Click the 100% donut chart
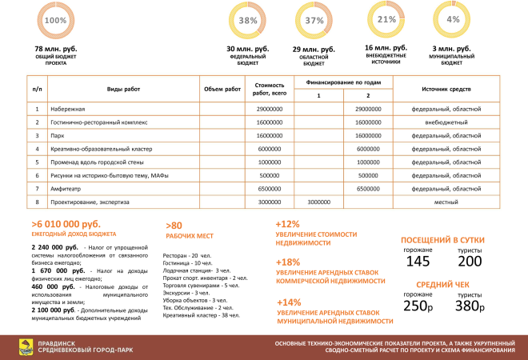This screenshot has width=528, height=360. pyautogui.click(x=56, y=21)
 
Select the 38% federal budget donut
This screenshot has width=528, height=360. pyautogui.click(x=247, y=21)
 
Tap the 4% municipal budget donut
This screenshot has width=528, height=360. pyautogui.click(x=454, y=19)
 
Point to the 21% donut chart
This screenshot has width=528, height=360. pyautogui.click(x=386, y=19)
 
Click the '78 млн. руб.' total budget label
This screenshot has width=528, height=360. pyautogui.click(x=56, y=50)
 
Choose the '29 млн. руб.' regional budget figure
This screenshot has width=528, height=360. pyautogui.click(x=314, y=50)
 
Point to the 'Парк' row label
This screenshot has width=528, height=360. pyautogui.click(x=57, y=135)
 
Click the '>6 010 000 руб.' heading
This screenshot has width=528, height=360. pyautogui.click(x=66, y=226)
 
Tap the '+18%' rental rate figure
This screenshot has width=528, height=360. pyautogui.click(x=287, y=262)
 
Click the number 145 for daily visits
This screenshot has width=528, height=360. pyautogui.click(x=418, y=262)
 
